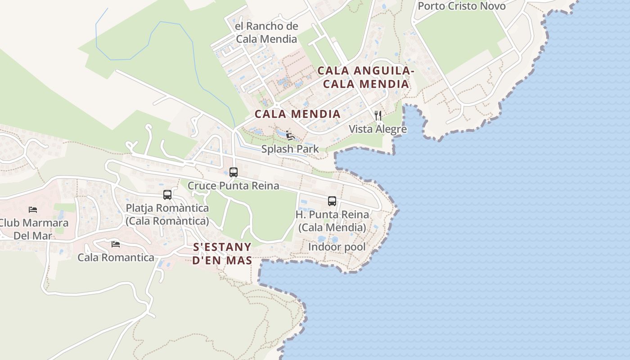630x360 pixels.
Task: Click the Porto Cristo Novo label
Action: click(462, 6)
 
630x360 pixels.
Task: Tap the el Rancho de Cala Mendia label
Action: click(266, 32)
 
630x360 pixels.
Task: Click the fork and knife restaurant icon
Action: click(378, 116)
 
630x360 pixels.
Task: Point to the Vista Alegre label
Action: click(378, 129)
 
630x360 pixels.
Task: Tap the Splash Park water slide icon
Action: click(290, 135)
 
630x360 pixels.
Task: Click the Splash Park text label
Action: click(290, 149)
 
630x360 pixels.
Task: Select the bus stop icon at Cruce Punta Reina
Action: click(233, 172)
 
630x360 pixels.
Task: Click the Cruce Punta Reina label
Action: click(233, 185)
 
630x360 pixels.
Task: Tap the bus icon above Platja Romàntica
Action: click(167, 195)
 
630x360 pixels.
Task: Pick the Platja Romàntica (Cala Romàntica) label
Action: click(167, 215)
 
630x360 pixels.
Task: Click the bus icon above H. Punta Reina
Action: click(332, 201)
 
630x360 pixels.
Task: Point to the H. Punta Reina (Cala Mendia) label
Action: click(332, 221)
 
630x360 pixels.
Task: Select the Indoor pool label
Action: click(337, 247)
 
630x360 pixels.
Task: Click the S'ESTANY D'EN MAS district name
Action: click(222, 254)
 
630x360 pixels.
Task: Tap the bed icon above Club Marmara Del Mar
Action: click(33, 209)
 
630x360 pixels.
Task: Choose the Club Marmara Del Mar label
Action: click(34, 229)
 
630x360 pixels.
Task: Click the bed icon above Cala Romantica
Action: click(116, 244)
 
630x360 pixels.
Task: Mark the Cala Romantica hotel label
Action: click(116, 258)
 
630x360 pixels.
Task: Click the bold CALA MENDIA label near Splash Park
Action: click(297, 114)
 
